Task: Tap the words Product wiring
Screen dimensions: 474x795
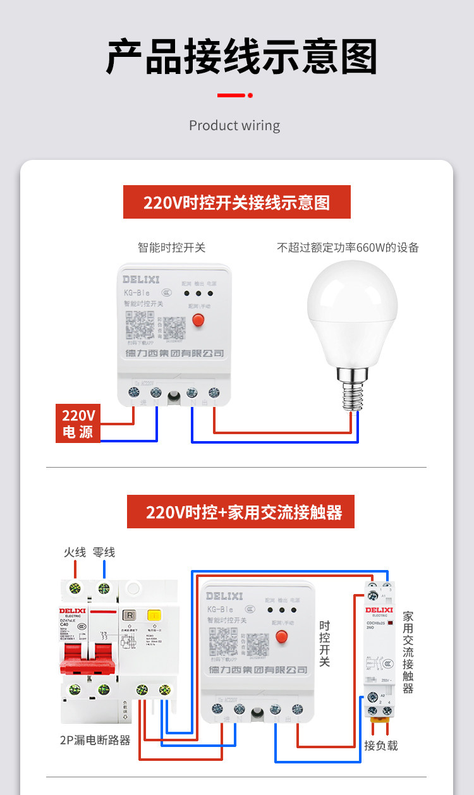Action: (234, 126)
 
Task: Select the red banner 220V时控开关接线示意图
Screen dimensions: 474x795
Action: (236, 202)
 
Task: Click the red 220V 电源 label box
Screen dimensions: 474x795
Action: (78, 423)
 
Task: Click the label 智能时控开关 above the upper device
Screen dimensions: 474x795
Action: (171, 247)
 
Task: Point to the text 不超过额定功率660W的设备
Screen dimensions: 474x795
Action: (348, 247)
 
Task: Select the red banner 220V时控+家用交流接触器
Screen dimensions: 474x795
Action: (241, 512)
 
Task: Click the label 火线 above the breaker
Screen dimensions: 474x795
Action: (75, 552)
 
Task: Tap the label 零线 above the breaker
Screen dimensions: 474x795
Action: (104, 552)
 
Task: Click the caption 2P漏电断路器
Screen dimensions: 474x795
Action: (95, 739)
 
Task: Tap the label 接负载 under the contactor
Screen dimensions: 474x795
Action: (381, 745)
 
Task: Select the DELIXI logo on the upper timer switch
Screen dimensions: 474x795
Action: (141, 279)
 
